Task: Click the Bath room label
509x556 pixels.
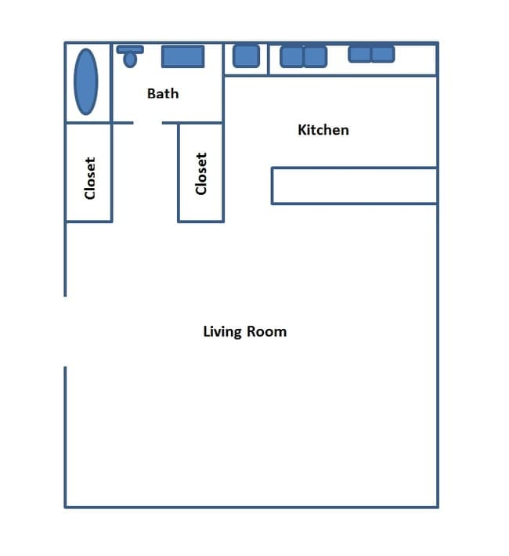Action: [x=163, y=93]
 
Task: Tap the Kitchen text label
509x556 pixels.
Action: [x=323, y=129]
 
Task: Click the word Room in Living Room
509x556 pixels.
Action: [x=267, y=330]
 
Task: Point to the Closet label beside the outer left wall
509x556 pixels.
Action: [x=89, y=178]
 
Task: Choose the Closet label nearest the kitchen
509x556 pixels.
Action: [x=201, y=173]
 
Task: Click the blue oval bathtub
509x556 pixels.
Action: [x=86, y=81]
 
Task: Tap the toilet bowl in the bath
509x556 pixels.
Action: [x=129, y=60]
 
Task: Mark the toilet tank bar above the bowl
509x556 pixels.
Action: [x=130, y=49]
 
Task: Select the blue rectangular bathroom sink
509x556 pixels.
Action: [x=182, y=56]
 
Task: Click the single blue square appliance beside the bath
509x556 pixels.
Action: [x=246, y=56]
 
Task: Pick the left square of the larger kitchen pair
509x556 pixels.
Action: [x=292, y=56]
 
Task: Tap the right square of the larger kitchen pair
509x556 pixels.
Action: [x=315, y=56]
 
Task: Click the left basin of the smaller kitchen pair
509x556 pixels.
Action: [x=359, y=54]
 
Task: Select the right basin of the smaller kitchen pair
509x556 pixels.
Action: [x=383, y=54]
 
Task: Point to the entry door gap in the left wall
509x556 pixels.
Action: [x=65, y=331]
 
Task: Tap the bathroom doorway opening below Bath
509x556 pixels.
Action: [x=148, y=123]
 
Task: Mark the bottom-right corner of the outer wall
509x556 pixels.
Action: [x=437, y=507]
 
